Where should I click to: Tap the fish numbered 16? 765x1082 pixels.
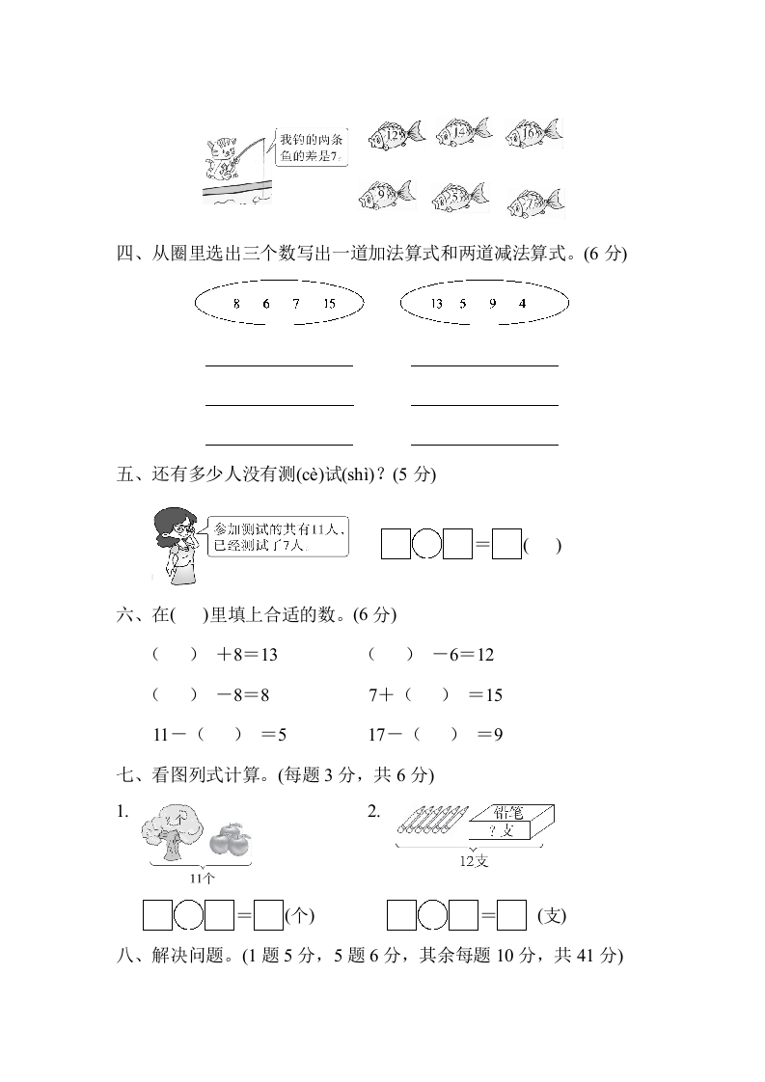pos(532,133)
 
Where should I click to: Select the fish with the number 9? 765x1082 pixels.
pos(386,196)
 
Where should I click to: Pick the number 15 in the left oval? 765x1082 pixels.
pos(329,304)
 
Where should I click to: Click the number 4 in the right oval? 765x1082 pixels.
pos(522,304)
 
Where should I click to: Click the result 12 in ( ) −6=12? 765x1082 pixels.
pos(484,655)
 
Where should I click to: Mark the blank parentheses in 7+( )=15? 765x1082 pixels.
pos(427,694)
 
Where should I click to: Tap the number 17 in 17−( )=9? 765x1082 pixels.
pos(377,735)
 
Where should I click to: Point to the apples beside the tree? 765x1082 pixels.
pos(229,840)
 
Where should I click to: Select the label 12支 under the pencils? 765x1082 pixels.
pos(474,861)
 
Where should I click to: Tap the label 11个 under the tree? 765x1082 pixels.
pos(203,879)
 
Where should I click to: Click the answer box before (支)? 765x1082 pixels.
pos(511,914)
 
